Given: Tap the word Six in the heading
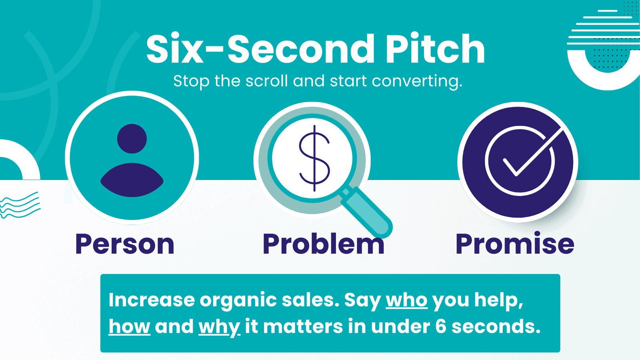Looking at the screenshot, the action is [x=175, y=49].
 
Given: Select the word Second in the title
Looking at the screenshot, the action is [x=301, y=49].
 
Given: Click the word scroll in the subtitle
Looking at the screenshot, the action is [x=266, y=81].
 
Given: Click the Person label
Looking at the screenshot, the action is [x=125, y=244].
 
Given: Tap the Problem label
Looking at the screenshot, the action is [x=324, y=244].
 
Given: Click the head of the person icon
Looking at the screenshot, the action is [x=132, y=138].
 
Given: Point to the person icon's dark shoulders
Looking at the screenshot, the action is [x=132, y=180].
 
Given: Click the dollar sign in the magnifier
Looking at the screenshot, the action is [x=314, y=158].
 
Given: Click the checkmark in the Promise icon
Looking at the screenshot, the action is [x=532, y=153].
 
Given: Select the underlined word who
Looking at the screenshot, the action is [x=406, y=300].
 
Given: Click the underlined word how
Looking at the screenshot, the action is [x=130, y=326].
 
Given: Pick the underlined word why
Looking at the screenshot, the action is [x=220, y=328].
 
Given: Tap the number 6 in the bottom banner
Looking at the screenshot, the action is [x=441, y=326].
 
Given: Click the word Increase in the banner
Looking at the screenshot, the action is [x=152, y=300].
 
